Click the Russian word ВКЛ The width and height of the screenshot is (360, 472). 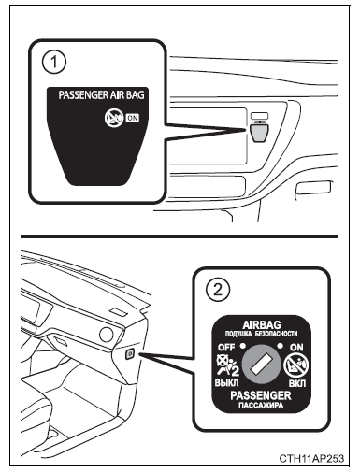[x=308, y=383]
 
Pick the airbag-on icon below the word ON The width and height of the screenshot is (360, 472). [x=307, y=364]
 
